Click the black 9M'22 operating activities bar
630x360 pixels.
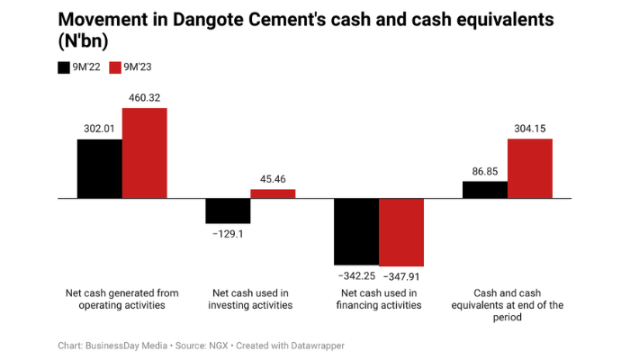(x=100, y=168)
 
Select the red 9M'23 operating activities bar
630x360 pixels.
(x=145, y=153)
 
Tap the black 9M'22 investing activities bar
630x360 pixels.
(x=228, y=211)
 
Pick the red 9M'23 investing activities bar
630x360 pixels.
(x=273, y=193)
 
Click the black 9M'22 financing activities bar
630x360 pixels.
(x=356, y=231)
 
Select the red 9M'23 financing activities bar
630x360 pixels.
(x=401, y=232)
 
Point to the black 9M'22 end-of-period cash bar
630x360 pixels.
(x=485, y=189)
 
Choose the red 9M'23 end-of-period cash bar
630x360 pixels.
(x=530, y=168)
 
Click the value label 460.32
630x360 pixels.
(x=145, y=97)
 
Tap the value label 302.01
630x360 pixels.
(x=100, y=129)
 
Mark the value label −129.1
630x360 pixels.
(x=228, y=234)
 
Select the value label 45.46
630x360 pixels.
(x=273, y=179)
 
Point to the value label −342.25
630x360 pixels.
(x=356, y=275)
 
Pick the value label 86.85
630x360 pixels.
(x=485, y=170)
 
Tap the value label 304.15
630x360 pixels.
(x=530, y=128)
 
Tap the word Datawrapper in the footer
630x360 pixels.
(x=315, y=346)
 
